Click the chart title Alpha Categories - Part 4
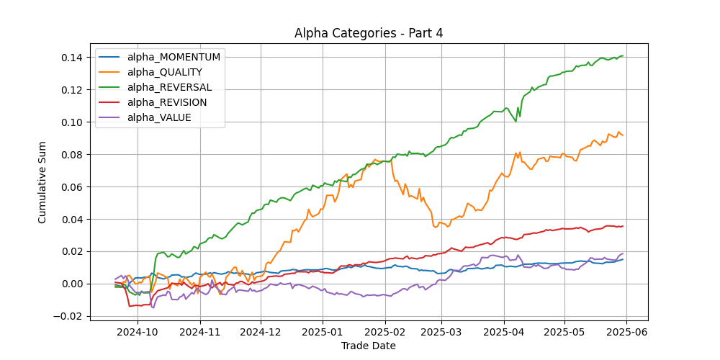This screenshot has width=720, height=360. tap(369, 34)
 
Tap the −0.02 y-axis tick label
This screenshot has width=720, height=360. tap(70, 316)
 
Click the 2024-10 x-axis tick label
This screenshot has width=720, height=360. tap(138, 330)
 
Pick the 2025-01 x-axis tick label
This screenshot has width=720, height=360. tap(323, 330)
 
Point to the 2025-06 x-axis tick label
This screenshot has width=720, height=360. tap(627, 330)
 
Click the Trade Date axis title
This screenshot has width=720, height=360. tap(368, 346)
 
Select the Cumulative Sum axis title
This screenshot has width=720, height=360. tap(42, 182)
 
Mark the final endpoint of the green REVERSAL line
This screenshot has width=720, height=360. tap(623, 55)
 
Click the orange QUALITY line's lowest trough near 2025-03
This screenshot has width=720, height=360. tap(436, 227)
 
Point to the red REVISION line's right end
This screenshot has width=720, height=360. tap(623, 226)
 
